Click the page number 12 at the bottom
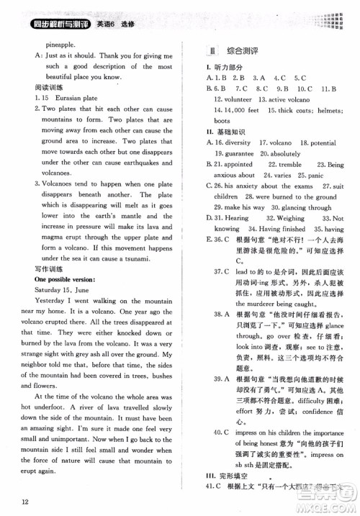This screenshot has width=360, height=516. tap(24, 502)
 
